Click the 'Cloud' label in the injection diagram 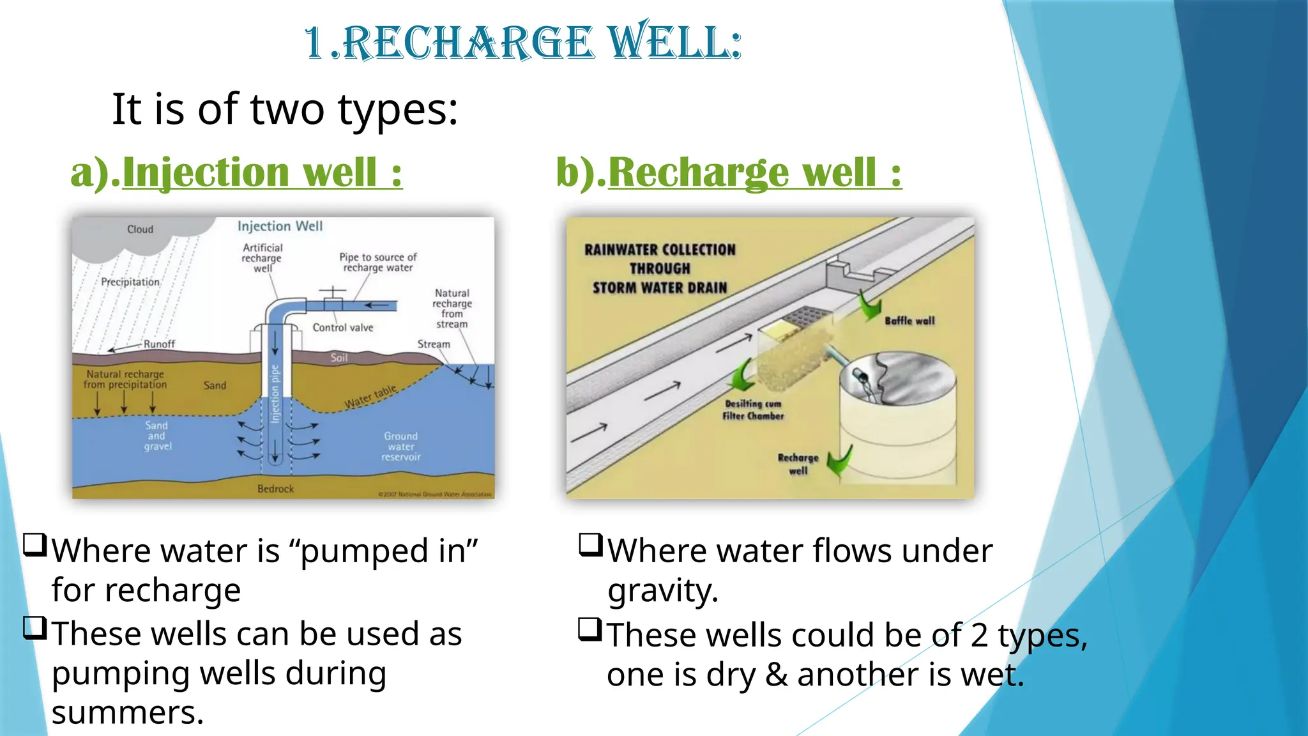tap(140, 229)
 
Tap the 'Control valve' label tap(342, 328)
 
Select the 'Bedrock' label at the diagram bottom tap(275, 489)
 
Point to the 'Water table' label tap(370, 397)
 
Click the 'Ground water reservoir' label tap(401, 447)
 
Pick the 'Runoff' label tap(159, 344)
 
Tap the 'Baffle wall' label tap(909, 321)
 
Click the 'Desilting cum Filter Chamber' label tap(753, 410)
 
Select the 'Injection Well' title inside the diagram tap(280, 226)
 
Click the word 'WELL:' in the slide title tap(674, 43)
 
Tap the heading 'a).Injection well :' tap(236, 172)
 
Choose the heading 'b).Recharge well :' tap(729, 172)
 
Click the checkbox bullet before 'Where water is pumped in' tap(35, 544)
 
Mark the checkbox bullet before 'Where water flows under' tap(591, 544)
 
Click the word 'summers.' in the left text tap(128, 712)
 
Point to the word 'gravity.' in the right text tap(663, 590)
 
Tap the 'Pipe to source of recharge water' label tap(377, 262)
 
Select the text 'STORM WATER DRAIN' tap(660, 288)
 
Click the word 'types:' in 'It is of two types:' tap(397, 110)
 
